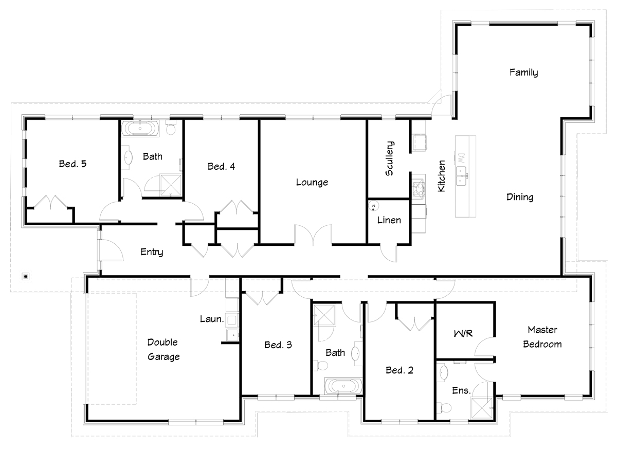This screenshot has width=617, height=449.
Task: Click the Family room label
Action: (x=523, y=73)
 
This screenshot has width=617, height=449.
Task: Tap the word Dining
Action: (x=520, y=197)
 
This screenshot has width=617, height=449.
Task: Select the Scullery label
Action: (x=389, y=158)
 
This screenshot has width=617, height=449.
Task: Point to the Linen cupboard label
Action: (x=389, y=220)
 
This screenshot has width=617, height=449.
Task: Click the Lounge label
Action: (x=312, y=182)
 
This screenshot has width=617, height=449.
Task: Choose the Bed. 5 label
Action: (x=72, y=164)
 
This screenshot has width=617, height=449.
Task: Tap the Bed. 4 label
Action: (x=221, y=166)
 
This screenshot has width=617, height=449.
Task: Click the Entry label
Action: (x=152, y=252)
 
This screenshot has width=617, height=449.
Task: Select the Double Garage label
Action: (x=164, y=349)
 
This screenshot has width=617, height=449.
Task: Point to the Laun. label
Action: (x=211, y=319)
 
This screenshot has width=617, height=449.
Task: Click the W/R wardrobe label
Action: (x=463, y=334)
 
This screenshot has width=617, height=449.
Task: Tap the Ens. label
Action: (x=461, y=390)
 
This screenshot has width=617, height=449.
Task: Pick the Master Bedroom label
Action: (x=542, y=337)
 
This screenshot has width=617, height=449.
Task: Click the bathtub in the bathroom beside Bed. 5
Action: (x=140, y=128)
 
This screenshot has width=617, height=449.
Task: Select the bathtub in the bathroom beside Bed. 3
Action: (x=343, y=386)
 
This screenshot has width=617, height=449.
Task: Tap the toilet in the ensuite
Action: (x=444, y=407)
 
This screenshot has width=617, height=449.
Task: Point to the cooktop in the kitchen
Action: (x=419, y=187)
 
